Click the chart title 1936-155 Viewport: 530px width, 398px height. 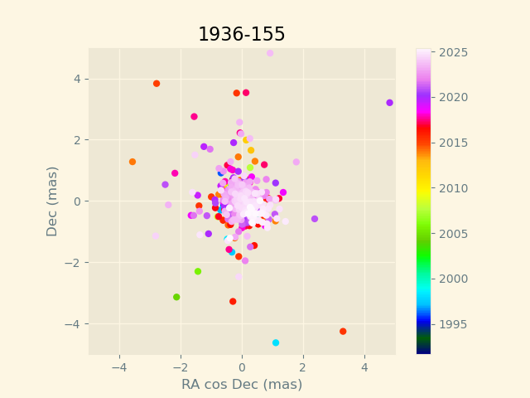point(241,35)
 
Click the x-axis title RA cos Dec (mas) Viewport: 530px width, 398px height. point(242,385)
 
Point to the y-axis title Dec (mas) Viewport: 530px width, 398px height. point(53,201)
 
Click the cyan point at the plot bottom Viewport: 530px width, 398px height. point(276,342)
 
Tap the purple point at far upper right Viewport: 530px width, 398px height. point(389,103)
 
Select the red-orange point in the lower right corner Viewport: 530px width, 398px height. point(343,331)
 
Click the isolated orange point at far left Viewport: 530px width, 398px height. point(132,162)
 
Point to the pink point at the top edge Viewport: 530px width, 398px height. point(270,53)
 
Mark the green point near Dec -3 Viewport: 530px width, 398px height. point(176,297)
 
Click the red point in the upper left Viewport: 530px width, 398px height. point(157,84)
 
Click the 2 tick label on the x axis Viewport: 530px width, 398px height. point(303,366)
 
